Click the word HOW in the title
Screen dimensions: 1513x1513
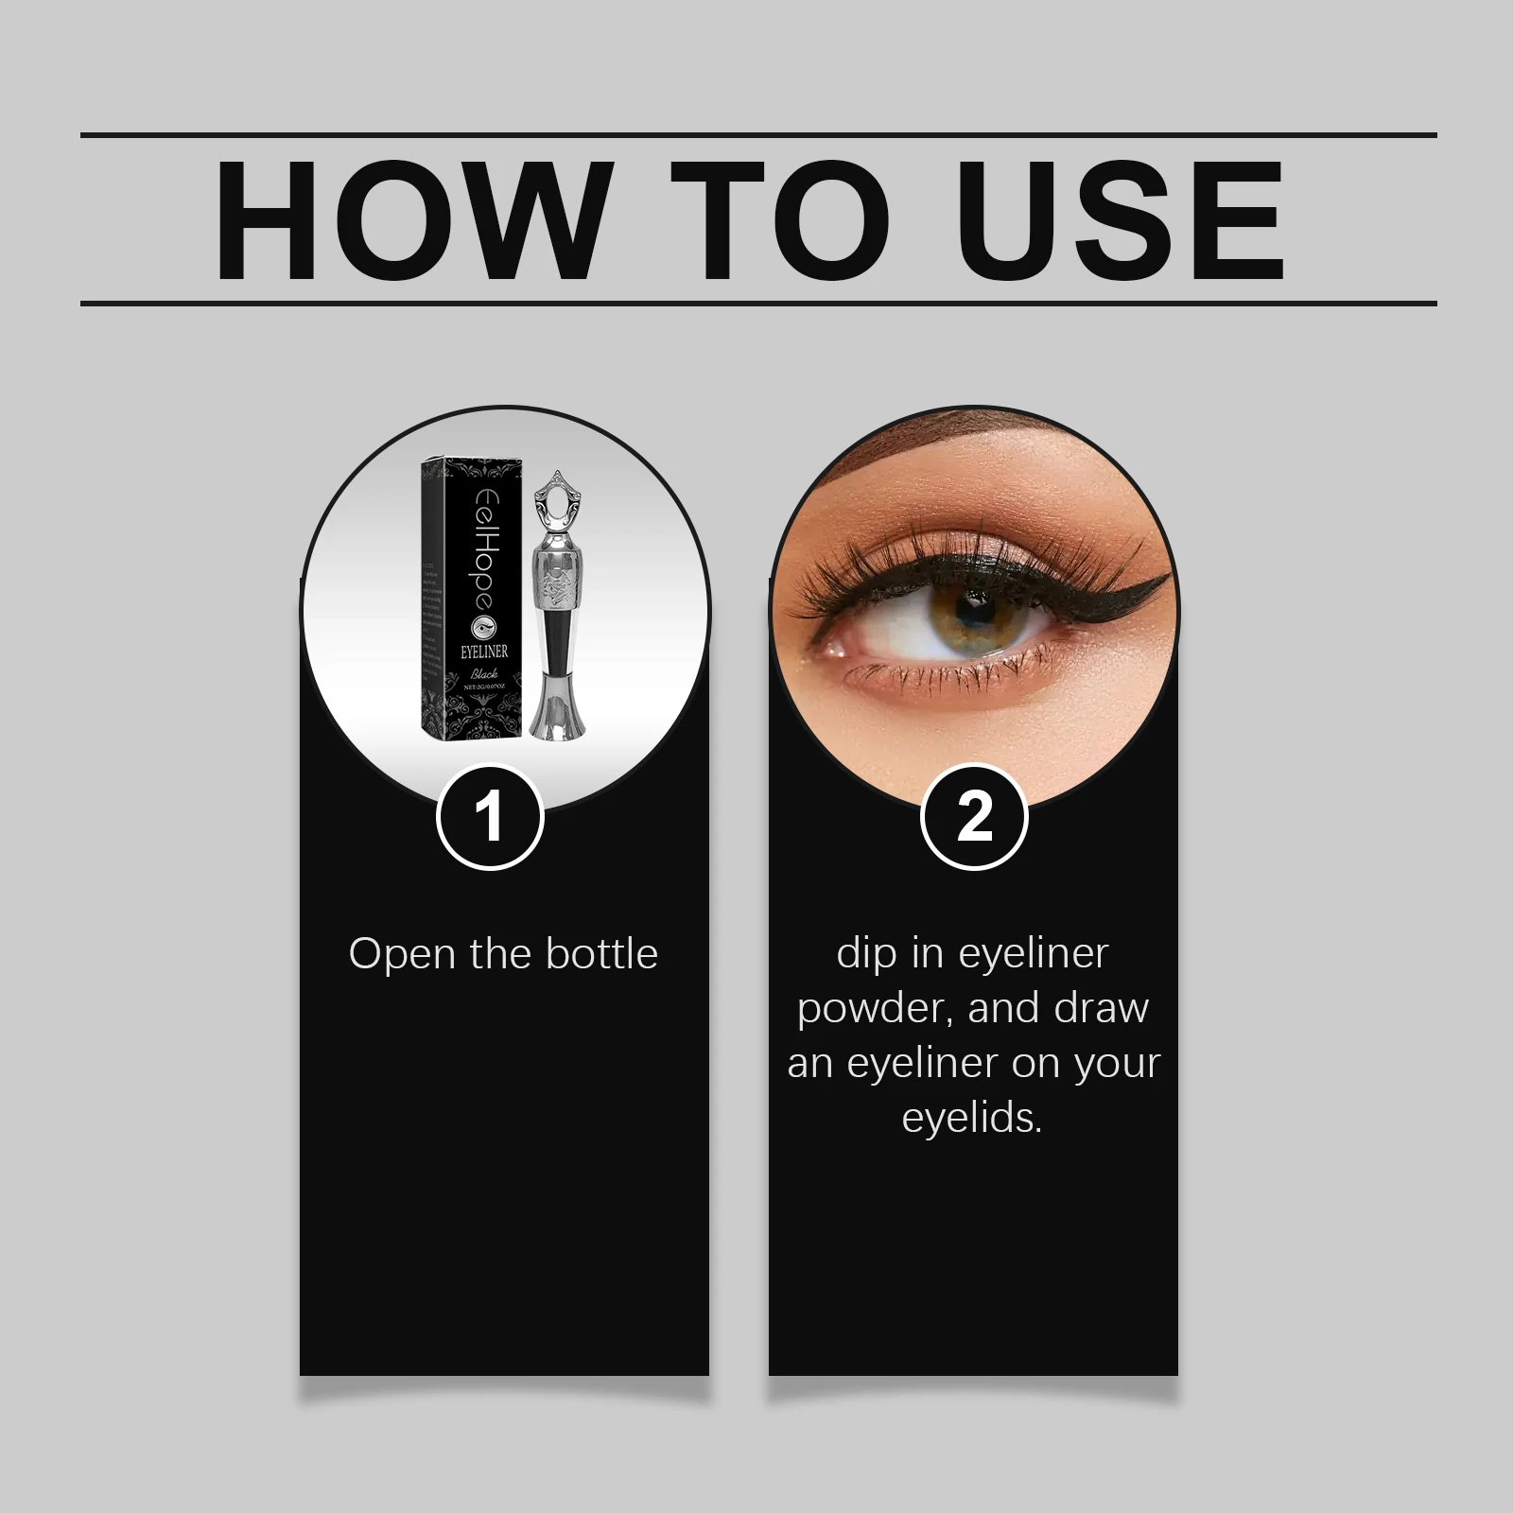point(409,219)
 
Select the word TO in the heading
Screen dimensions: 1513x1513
point(780,219)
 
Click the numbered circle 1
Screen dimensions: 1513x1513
point(489,816)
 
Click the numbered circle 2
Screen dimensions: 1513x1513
point(974,816)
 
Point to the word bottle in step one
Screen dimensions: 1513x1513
point(601,953)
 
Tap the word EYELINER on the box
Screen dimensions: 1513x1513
point(483,652)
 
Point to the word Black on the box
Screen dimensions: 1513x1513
point(483,674)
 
